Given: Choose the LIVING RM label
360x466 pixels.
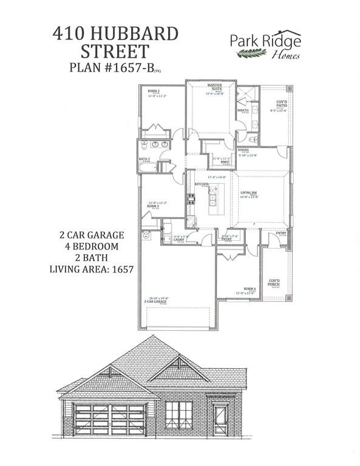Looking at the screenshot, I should click(x=249, y=194).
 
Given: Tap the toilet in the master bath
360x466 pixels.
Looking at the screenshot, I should click(x=253, y=140).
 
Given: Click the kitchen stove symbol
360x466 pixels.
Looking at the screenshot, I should click(x=191, y=197).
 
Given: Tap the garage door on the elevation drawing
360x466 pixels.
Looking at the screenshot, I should click(x=109, y=418).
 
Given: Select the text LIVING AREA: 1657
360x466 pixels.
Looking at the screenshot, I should click(x=91, y=267).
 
